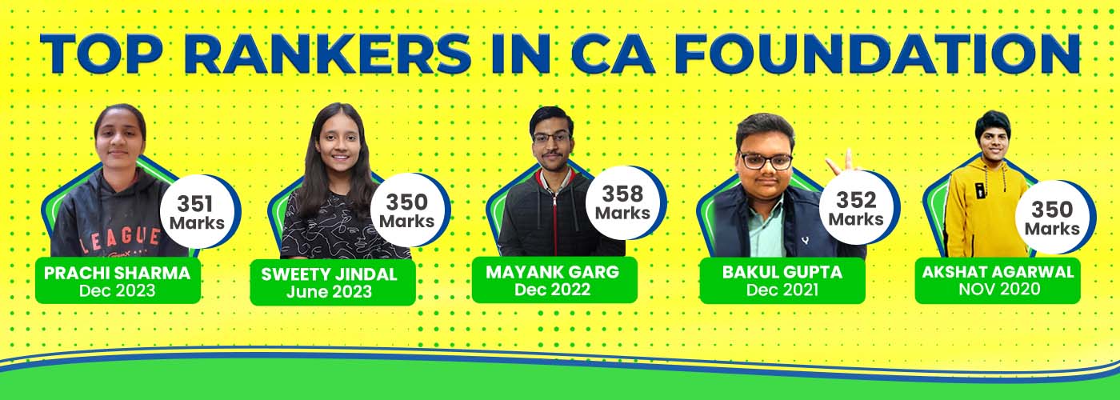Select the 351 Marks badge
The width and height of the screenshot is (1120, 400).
click(x=198, y=212)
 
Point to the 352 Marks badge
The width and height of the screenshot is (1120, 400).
click(x=857, y=209)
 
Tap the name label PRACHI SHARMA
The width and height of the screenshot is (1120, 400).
click(x=117, y=273)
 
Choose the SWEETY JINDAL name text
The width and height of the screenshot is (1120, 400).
click(x=329, y=274)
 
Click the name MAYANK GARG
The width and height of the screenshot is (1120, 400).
click(x=553, y=272)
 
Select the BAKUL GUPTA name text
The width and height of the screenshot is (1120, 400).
click(x=782, y=272)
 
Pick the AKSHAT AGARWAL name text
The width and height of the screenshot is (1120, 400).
click(x=998, y=272)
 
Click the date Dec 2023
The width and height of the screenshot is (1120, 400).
click(x=117, y=290)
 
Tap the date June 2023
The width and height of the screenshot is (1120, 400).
click(x=329, y=291)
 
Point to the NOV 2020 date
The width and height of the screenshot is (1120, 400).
click(x=999, y=289)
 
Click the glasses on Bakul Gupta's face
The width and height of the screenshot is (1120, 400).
click(x=766, y=160)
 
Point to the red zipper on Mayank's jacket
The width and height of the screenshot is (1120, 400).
click(x=554, y=220)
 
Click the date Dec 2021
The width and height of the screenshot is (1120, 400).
click(x=782, y=290)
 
